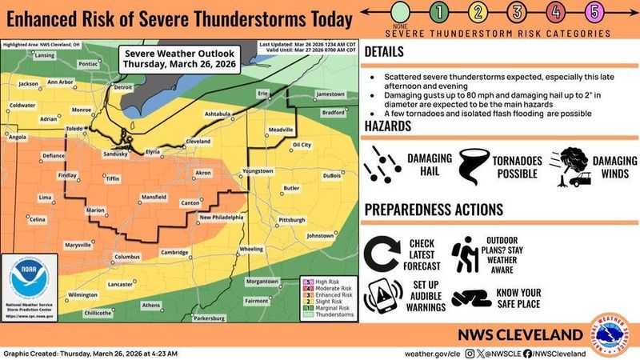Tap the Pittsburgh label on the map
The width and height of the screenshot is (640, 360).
pos(292,218)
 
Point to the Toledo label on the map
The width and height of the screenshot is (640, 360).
pos(74,128)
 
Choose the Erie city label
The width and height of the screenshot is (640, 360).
pos(261,94)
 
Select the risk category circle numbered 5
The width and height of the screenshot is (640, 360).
pos(593,11)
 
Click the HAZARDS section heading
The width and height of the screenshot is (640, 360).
pos(389,126)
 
